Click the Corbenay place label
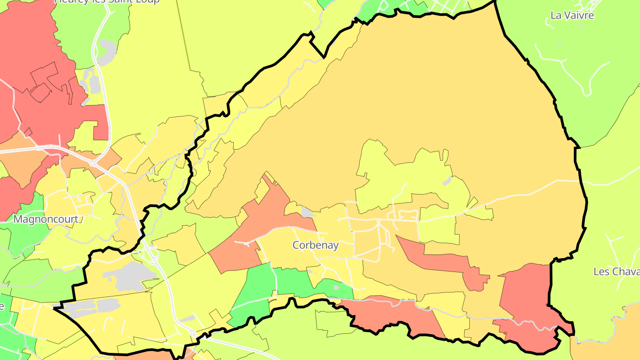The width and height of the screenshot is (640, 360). [x=316, y=245]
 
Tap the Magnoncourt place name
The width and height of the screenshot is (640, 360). [x=46, y=220]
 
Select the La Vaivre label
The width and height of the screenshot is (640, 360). [x=572, y=16]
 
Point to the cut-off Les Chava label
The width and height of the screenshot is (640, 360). [x=616, y=272]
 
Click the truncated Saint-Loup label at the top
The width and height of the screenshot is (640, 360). [x=107, y=1]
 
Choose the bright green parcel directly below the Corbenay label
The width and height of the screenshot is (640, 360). [x=293, y=282]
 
